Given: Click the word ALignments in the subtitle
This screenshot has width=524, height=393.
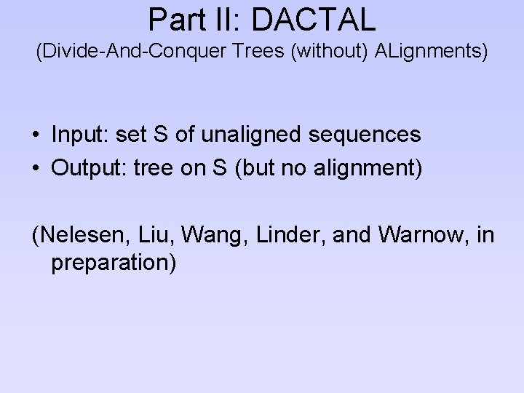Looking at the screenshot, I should (x=424, y=52).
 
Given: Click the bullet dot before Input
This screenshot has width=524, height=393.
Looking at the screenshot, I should (x=36, y=135).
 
